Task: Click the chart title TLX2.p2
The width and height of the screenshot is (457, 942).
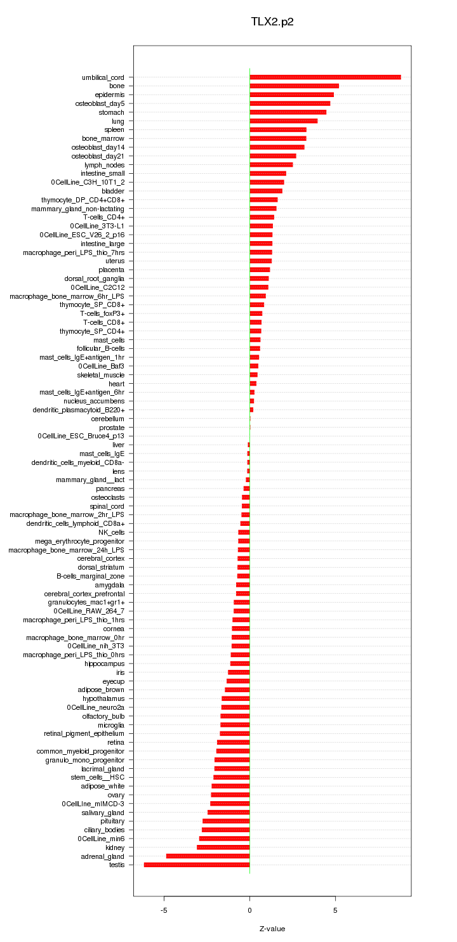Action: pyautogui.click(x=272, y=22)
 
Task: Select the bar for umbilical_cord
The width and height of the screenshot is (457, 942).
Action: pyautogui.click(x=325, y=77)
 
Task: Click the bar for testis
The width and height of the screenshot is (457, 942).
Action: pyautogui.click(x=197, y=865)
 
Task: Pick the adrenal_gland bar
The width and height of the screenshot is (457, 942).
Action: pyautogui.click(x=208, y=856)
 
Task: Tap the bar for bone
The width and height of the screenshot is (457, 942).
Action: pyautogui.click(x=294, y=86)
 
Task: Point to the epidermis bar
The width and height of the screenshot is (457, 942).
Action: pyautogui.click(x=291, y=95)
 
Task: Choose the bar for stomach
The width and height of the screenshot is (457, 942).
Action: pyautogui.click(x=288, y=112)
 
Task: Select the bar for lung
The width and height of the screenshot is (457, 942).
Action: pyautogui.click(x=283, y=121)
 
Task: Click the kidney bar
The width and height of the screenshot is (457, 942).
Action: pyautogui.click(x=223, y=847)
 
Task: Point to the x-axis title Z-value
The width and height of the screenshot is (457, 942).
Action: pyautogui.click(x=272, y=929)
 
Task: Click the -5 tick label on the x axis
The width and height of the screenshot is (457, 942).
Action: pyautogui.click(x=164, y=910)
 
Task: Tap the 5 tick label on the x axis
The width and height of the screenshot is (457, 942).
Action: pyautogui.click(x=335, y=910)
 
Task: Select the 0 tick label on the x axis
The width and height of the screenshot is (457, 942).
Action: pyautogui.click(x=249, y=910)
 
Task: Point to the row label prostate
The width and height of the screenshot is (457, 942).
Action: pyautogui.click(x=112, y=428)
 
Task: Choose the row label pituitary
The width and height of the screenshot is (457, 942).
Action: pyautogui.click(x=112, y=821)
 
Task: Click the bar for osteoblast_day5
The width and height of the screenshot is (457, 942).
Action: pyautogui.click(x=289, y=103)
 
